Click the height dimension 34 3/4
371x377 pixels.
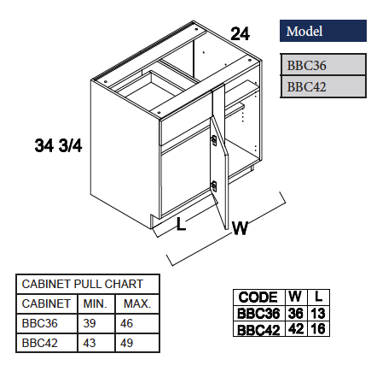click(58, 145)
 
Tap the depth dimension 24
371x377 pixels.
click(241, 35)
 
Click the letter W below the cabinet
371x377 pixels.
click(240, 228)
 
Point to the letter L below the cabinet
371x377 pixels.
click(180, 225)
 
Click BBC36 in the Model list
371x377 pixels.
click(307, 65)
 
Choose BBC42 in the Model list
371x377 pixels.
click(307, 85)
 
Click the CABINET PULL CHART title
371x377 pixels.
click(82, 284)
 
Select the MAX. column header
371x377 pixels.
click(136, 303)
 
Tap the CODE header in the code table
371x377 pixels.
click(258, 297)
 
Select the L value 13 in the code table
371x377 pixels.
click(318, 313)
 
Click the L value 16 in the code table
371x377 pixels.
click(318, 328)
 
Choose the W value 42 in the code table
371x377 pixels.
click(295, 328)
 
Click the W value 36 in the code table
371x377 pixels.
click(295, 313)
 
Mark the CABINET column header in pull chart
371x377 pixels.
click(46, 303)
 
